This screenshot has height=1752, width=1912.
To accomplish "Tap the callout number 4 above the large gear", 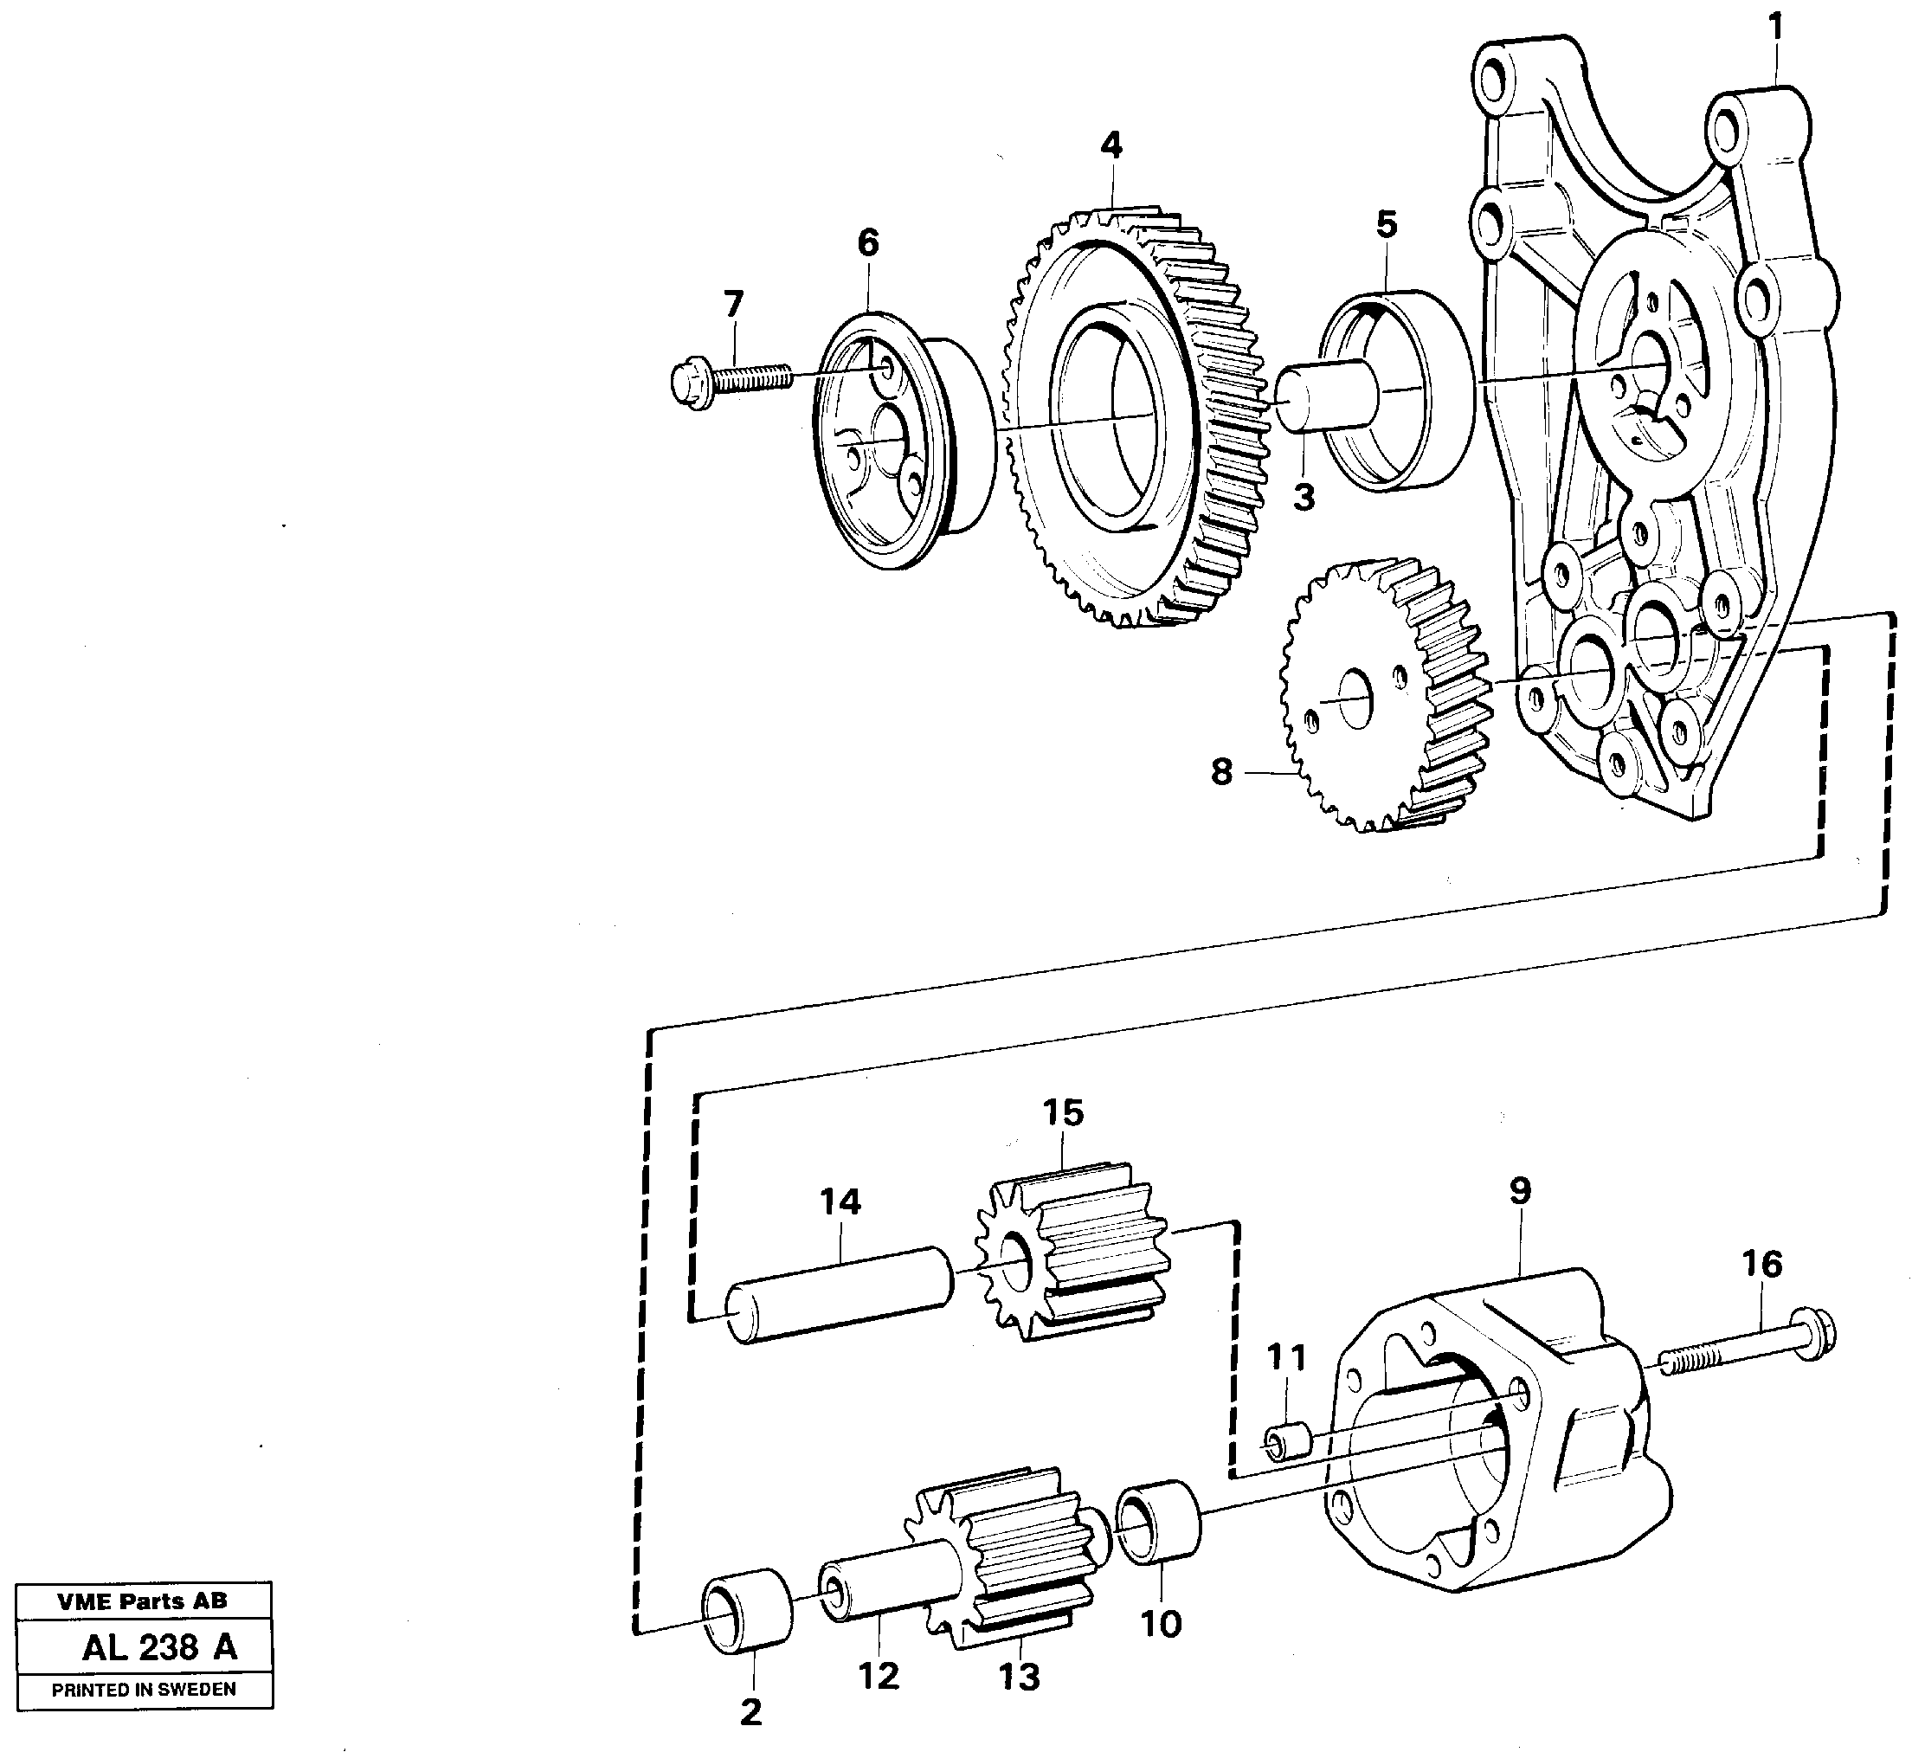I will pyautogui.click(x=1111, y=145).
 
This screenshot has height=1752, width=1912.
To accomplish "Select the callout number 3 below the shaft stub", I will pyautogui.click(x=1304, y=496).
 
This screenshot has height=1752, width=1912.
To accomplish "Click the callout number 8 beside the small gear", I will pyautogui.click(x=1221, y=772).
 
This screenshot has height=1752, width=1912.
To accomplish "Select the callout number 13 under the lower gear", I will pyautogui.click(x=1020, y=1676).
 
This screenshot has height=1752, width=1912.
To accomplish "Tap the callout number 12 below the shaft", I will pyautogui.click(x=878, y=1675).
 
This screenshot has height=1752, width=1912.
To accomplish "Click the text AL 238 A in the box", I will pyautogui.click(x=159, y=1646).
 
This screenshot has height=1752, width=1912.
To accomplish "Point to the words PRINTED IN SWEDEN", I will pyautogui.click(x=145, y=1689).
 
